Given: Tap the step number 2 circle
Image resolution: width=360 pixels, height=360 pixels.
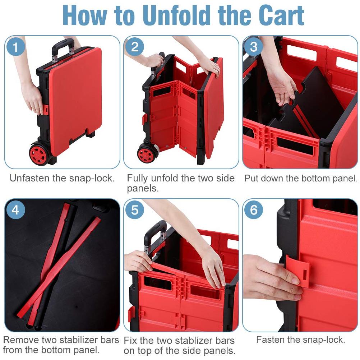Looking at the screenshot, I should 135,47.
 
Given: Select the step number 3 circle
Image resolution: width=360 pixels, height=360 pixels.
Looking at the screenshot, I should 254,47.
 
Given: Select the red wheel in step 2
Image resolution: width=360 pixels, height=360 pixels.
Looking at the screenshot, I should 147,154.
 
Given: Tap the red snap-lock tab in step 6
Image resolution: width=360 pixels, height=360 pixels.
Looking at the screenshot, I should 298,271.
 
